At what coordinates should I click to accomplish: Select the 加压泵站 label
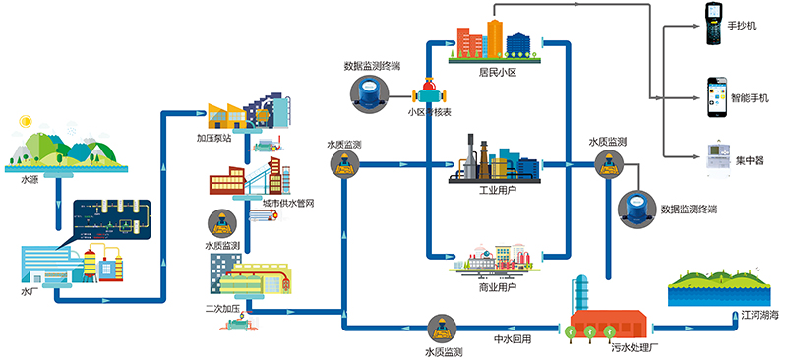[x=213, y=138]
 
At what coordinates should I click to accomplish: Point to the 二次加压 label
[x=222, y=308]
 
